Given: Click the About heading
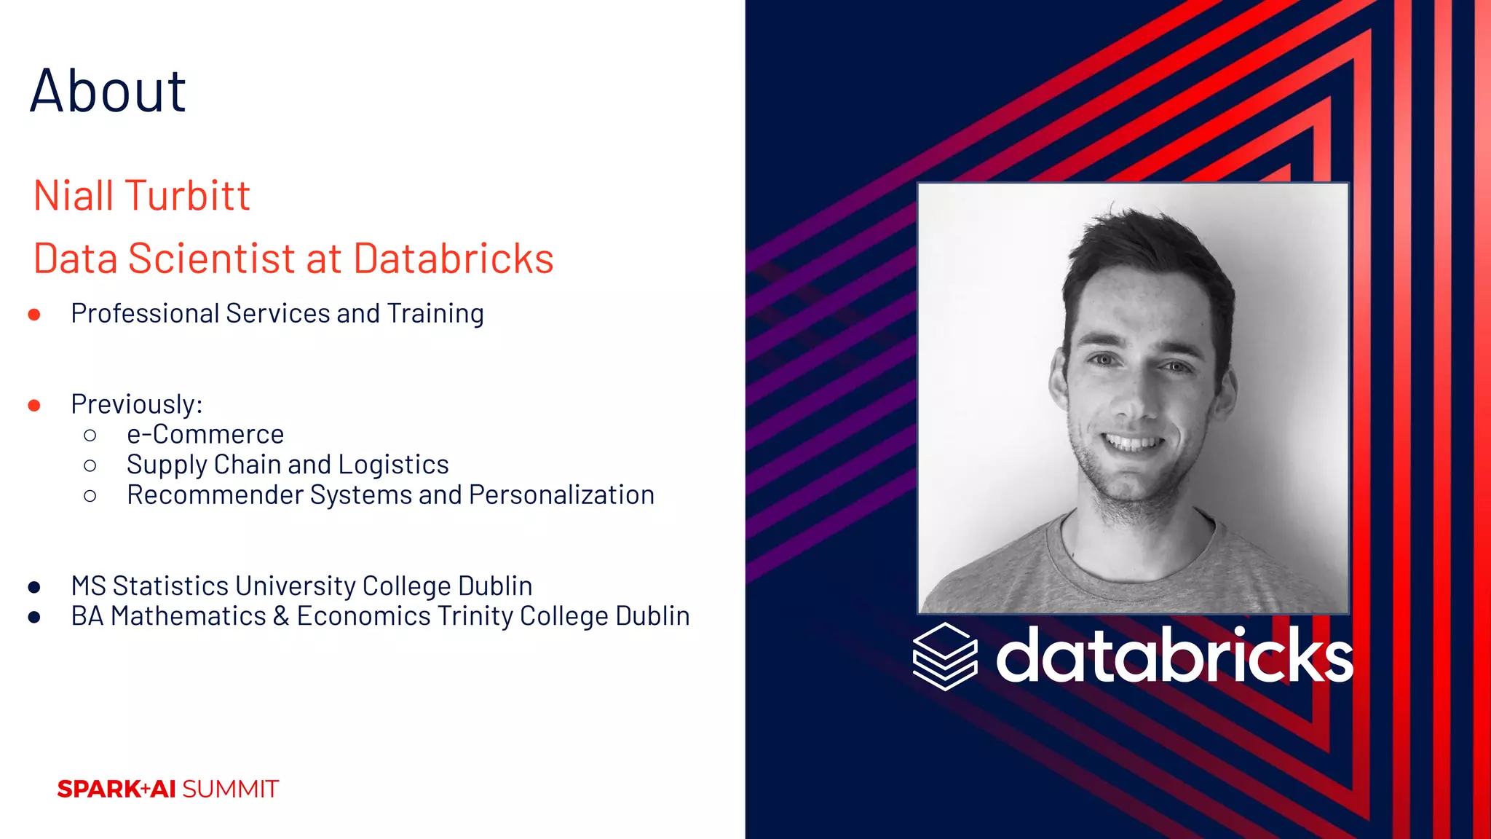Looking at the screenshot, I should (x=108, y=91).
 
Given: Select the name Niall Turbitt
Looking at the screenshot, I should (x=142, y=196).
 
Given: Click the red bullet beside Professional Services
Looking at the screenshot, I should (x=34, y=315).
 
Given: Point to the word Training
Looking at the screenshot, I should (x=435, y=314).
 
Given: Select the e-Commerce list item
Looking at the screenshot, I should (x=205, y=435).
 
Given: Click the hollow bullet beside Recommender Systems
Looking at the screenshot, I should (x=90, y=496).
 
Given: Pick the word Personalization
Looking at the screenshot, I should (x=561, y=495).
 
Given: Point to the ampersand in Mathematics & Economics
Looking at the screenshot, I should (x=281, y=617).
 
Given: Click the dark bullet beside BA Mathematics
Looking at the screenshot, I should (x=34, y=618).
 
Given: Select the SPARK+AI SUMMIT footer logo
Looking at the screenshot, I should (x=168, y=789).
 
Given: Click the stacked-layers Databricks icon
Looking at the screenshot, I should (x=944, y=656).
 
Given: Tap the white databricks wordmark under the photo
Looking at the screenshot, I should (x=1174, y=655).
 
